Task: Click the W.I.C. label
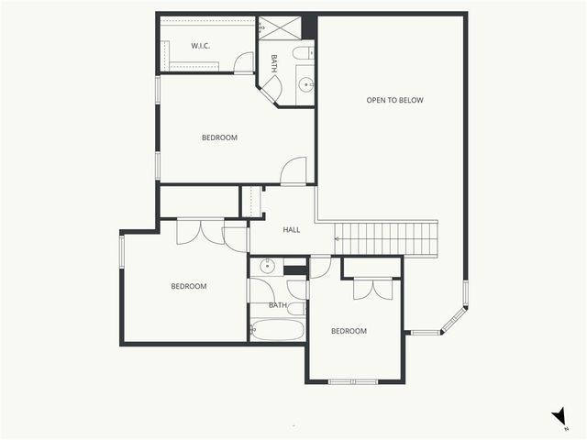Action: (x=202, y=46)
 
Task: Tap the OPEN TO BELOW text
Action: (x=394, y=100)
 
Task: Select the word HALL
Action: (x=292, y=230)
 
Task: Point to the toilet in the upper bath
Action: (x=304, y=54)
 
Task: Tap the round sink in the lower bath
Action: (x=267, y=267)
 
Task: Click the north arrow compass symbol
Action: (x=559, y=417)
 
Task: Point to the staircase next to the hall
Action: (x=385, y=238)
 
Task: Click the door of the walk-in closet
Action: (x=244, y=63)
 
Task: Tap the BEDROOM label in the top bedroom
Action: (x=219, y=138)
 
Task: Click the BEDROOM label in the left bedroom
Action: (x=188, y=287)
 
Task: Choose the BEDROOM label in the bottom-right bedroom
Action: (x=349, y=332)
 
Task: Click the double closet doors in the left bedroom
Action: (x=202, y=231)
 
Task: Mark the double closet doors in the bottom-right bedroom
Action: (x=371, y=288)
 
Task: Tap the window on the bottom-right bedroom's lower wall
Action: (x=353, y=381)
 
